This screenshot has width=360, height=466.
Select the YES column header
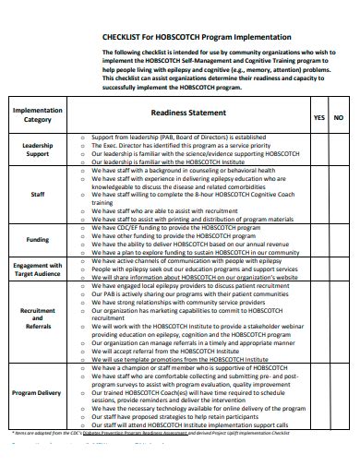(x=318, y=118)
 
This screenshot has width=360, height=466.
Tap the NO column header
(x=338, y=118)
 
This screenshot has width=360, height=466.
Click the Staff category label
(x=38, y=195)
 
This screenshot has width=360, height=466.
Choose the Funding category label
(x=38, y=238)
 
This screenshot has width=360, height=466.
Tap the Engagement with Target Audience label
(x=38, y=269)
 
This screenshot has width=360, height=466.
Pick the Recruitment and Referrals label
(x=38, y=318)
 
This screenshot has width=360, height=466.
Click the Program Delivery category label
(x=38, y=392)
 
